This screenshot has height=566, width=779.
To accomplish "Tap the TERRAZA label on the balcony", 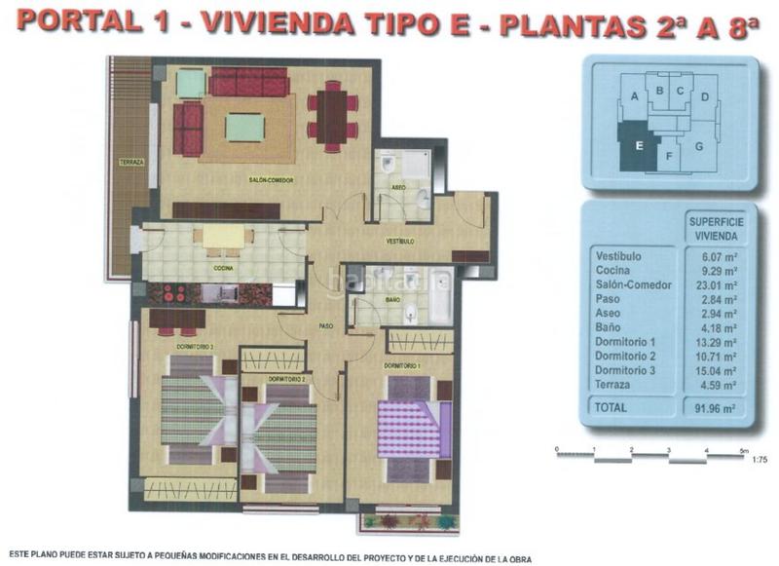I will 131,162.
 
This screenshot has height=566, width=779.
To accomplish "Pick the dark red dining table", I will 333,116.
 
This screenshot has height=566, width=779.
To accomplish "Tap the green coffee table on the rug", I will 244,128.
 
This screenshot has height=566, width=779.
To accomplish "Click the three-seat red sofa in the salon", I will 249,82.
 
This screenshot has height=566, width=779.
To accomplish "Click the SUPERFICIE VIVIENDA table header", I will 711,228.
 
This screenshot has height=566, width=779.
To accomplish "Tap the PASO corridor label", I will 327,326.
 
